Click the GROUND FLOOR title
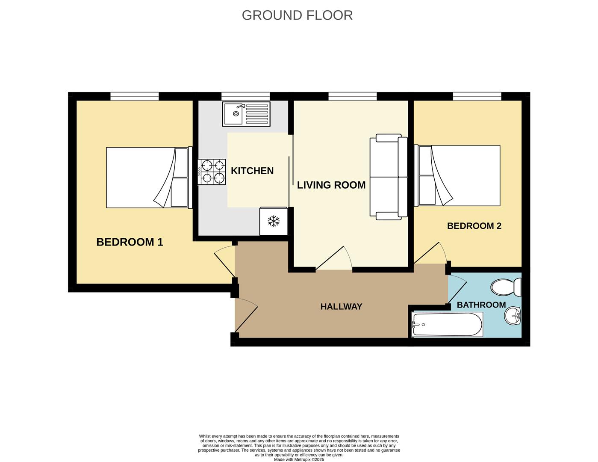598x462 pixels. point(297,15)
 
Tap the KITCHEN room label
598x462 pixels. point(252,171)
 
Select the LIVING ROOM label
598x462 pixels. point(331,185)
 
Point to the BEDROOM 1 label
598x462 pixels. point(130,242)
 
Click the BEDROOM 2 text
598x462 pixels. point(474,226)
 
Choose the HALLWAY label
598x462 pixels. point(341,307)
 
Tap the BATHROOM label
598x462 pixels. point(481,305)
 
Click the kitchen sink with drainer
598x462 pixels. point(246,114)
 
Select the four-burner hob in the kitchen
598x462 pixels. point(212,172)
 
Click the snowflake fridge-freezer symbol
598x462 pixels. point(274,221)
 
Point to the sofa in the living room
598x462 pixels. point(388,177)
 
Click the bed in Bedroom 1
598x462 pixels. point(147,178)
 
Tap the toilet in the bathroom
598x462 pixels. point(507,287)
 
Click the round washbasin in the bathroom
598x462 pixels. point(513,317)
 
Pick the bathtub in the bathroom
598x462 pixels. point(447,324)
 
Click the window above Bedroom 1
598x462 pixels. point(135,96)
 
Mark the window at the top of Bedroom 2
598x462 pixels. point(477,96)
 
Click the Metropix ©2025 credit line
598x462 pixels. point(299,460)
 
